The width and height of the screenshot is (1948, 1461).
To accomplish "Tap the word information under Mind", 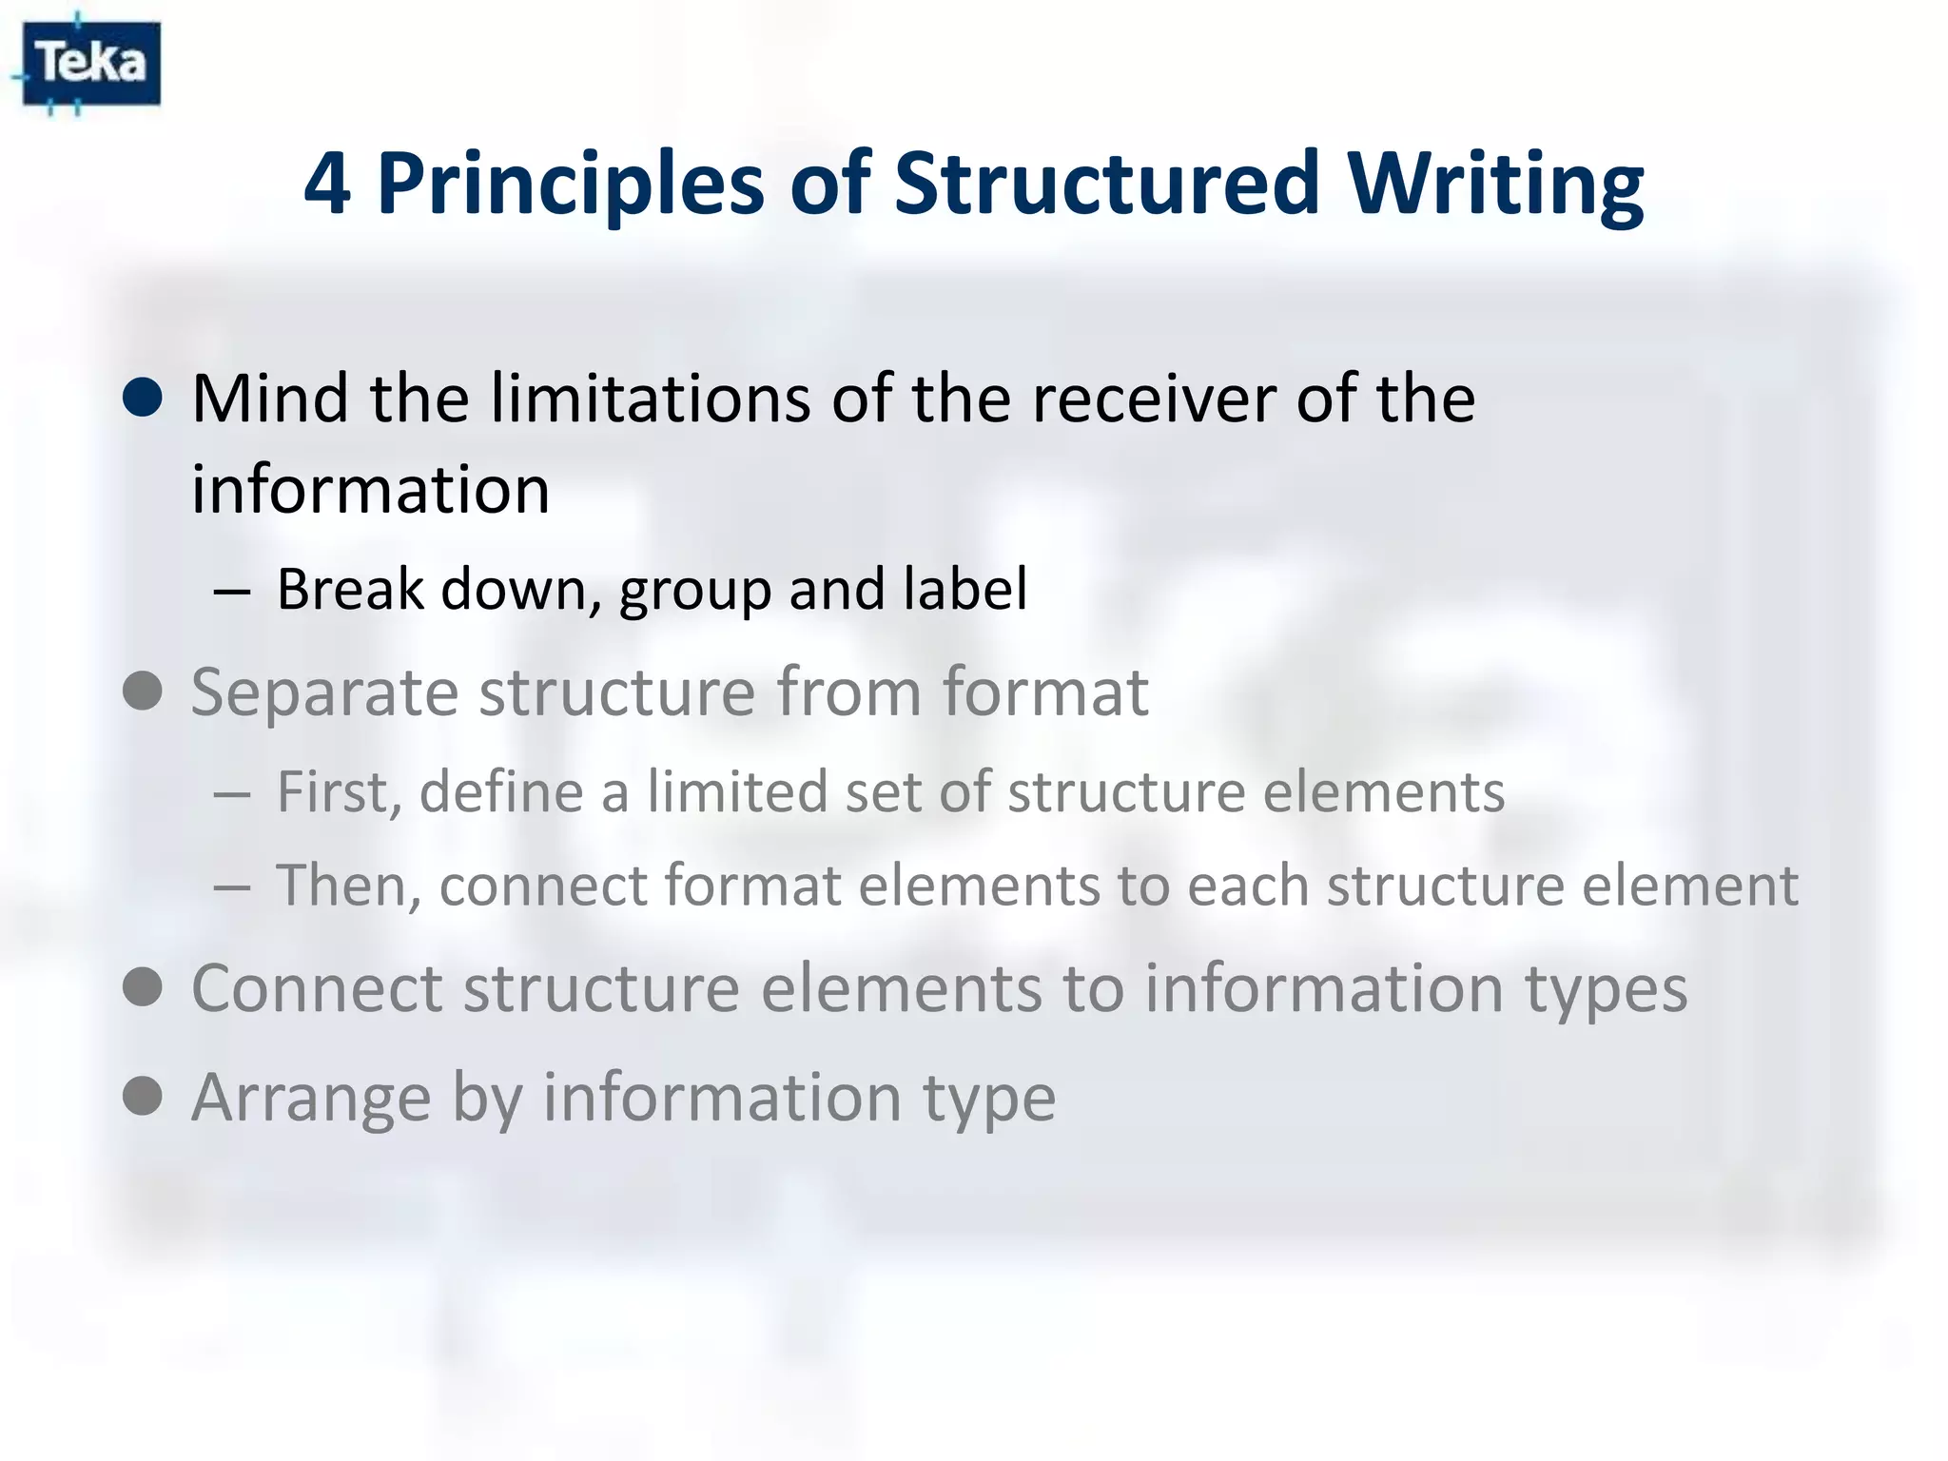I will [371, 489].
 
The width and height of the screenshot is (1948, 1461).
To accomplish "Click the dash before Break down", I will [232, 592].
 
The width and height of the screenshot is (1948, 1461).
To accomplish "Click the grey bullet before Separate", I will [143, 691].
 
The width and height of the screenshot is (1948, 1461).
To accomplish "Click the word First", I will [337, 791].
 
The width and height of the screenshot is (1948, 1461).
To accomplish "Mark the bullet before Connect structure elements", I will [143, 987].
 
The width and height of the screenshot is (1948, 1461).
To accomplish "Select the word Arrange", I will [311, 1098].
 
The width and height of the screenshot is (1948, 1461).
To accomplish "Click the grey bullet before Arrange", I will [143, 1096].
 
